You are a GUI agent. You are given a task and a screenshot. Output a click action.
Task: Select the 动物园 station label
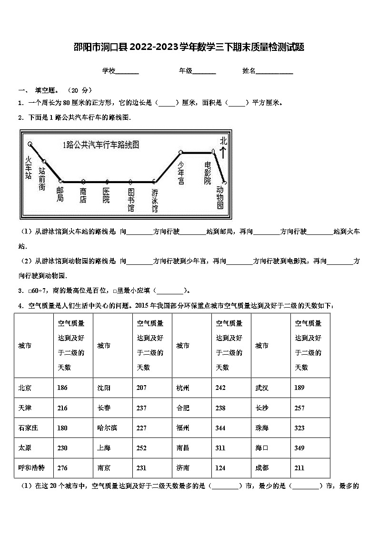(x=220, y=197)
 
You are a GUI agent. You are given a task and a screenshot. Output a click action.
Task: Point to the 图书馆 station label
(x=131, y=200)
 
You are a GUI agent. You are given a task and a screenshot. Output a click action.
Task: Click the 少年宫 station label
(x=181, y=173)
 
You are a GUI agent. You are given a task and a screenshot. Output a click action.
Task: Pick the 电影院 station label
(x=207, y=173)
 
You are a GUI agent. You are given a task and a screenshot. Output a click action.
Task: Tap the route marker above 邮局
(x=60, y=181)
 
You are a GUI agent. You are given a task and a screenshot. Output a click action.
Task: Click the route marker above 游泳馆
(x=154, y=181)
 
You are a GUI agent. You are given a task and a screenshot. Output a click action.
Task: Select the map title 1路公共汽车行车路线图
(x=101, y=145)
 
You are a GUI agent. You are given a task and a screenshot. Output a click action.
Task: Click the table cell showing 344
(x=220, y=428)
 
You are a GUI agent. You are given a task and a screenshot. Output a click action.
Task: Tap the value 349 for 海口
(x=299, y=448)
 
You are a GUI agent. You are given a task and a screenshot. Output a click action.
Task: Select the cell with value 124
(x=220, y=468)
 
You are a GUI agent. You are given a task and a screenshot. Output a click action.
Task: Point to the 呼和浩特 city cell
(x=31, y=468)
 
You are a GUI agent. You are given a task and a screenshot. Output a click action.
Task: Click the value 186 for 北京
(x=62, y=388)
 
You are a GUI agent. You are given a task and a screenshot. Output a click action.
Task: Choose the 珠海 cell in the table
(x=262, y=428)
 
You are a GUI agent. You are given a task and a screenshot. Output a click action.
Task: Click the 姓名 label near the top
(x=249, y=71)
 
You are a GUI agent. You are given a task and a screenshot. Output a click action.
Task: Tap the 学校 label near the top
(x=109, y=71)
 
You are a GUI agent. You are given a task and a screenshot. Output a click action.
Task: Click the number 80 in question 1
(x=67, y=102)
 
